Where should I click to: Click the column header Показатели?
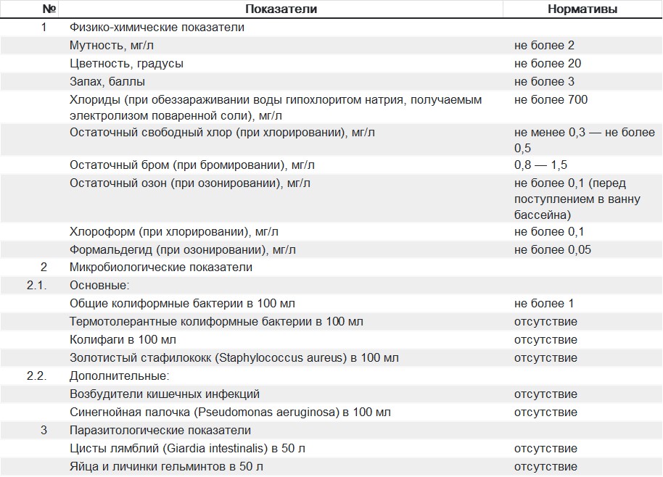tap(281, 9)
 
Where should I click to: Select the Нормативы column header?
tap(582, 9)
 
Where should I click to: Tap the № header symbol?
tap(49, 9)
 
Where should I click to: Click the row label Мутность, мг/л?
tap(112, 45)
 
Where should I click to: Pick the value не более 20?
tap(548, 63)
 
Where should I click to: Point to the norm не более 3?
tap(544, 81)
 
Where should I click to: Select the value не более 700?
tap(551, 99)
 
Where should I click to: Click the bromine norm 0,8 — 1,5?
tap(540, 165)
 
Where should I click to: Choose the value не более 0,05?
tap(553, 250)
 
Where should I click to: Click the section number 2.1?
tap(37, 285)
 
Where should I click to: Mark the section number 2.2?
tap(37, 376)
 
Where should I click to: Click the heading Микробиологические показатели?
tap(161, 267)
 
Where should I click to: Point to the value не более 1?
tap(544, 303)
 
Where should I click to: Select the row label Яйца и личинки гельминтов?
tap(166, 467)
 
